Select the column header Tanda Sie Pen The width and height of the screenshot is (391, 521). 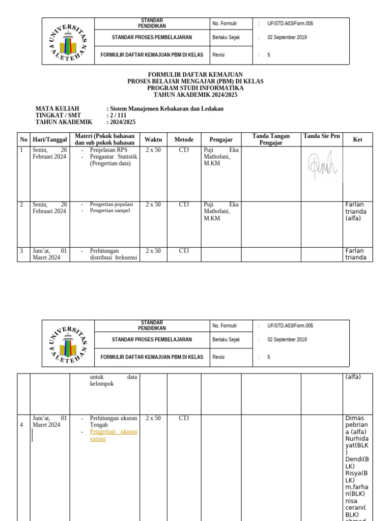click(321, 136)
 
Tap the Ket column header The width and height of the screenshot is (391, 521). click(357, 139)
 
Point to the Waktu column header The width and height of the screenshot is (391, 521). click(153, 139)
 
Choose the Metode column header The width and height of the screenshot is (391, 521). click(184, 139)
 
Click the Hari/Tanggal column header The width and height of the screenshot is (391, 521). click(50, 139)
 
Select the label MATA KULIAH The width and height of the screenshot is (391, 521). click(57, 109)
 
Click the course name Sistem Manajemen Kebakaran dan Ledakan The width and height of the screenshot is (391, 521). click(166, 109)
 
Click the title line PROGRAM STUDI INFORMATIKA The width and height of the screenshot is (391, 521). click(195, 88)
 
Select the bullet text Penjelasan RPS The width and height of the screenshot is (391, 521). click(108, 150)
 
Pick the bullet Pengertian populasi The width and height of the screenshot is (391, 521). click(111, 205)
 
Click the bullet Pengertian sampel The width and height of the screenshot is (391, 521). click(109, 211)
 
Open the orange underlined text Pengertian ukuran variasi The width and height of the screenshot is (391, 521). click(113, 435)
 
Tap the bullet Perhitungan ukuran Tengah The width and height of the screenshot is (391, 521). click(113, 421)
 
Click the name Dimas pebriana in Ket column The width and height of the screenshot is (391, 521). click(356, 425)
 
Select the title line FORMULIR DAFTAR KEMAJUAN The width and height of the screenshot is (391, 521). click(195, 75)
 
